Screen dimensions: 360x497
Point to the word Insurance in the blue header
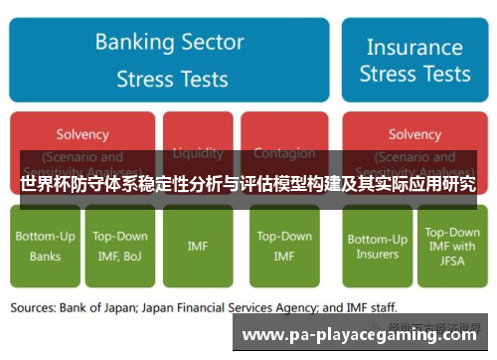coord(414,46)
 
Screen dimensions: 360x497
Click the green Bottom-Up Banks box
coord(44,246)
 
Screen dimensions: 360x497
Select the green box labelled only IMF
coord(198,246)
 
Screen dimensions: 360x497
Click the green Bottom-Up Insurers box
coord(377,246)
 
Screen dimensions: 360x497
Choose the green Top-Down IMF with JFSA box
coord(452,246)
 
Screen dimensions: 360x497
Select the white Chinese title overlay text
coord(248,184)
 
